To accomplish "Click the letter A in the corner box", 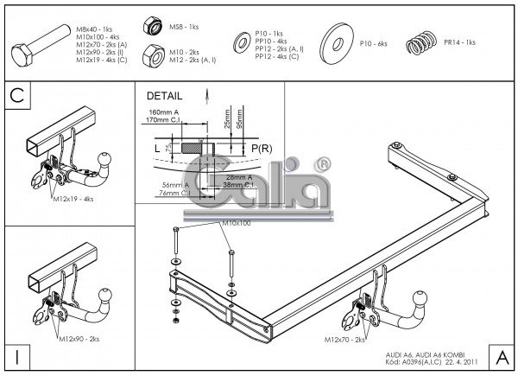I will coord(501,356).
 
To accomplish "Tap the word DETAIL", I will coord(165,95).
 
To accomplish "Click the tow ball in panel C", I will coord(107,161).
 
